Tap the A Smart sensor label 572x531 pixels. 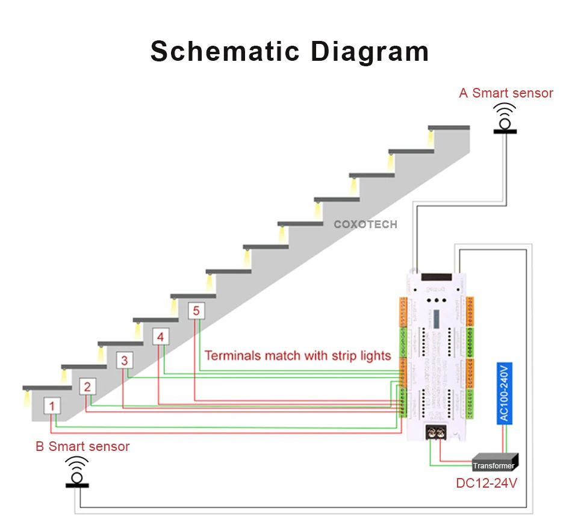tap(506, 93)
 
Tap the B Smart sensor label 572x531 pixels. tap(82, 447)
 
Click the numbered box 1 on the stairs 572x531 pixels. tap(52, 406)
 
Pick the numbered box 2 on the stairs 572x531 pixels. tap(87, 387)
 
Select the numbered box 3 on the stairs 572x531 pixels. tap(124, 361)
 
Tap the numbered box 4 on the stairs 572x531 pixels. tap(160, 337)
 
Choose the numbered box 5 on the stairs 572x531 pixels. tap(196, 311)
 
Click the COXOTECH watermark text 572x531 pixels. tap(365, 225)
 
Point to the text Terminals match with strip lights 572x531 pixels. tap(297, 356)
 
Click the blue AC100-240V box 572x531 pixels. tap(505, 393)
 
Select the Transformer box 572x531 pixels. tap(494, 465)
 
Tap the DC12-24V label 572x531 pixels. tap(487, 483)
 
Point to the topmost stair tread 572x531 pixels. tap(449, 127)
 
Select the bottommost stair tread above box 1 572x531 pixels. tap(47, 387)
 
